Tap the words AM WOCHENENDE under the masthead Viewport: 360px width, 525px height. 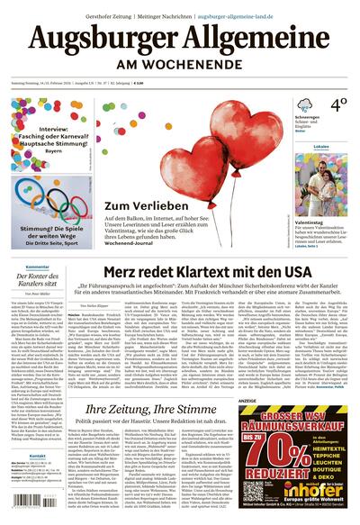pos(180,67)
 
